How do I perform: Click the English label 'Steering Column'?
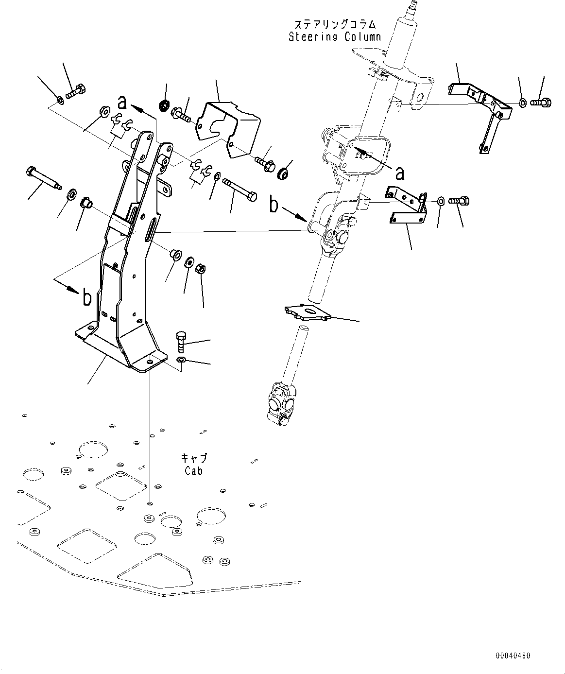335,37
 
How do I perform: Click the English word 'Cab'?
193,470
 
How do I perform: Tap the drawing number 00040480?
513,656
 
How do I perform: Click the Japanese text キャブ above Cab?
193,458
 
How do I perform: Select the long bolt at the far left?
43,178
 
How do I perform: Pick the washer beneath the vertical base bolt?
181,360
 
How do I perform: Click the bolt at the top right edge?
540,103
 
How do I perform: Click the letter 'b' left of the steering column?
274,205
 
